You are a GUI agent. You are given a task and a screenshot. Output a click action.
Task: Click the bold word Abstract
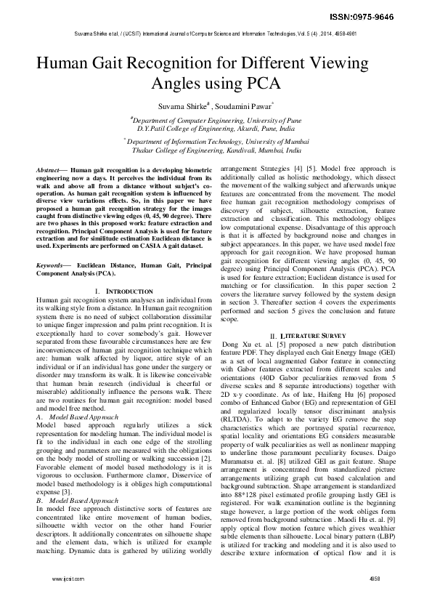(x=49, y=169)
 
